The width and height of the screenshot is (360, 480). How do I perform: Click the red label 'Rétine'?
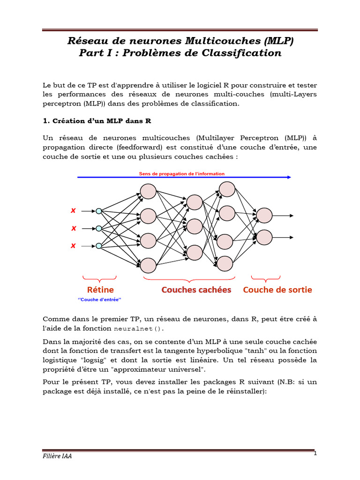click(x=100, y=290)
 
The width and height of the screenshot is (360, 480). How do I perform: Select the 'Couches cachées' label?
click(x=196, y=290)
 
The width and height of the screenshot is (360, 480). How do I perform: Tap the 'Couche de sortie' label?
click(x=277, y=290)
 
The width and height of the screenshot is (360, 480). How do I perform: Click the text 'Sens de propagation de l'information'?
click(x=181, y=174)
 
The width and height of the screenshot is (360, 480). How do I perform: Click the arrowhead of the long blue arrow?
click(x=289, y=177)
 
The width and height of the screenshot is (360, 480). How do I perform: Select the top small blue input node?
click(x=99, y=211)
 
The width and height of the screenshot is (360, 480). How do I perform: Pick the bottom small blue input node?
click(x=99, y=246)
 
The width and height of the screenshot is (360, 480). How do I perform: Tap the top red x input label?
click(x=73, y=211)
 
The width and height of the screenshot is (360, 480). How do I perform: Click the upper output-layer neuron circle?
click(x=264, y=215)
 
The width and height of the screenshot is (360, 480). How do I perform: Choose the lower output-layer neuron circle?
click(x=264, y=237)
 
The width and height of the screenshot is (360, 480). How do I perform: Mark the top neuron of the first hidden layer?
click(x=148, y=191)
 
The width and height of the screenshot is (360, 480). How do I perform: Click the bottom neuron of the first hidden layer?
click(x=148, y=265)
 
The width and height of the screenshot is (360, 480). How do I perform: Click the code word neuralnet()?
click(x=139, y=329)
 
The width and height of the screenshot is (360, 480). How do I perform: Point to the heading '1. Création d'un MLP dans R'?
click(x=97, y=120)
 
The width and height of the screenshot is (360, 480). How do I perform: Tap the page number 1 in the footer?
click(x=315, y=453)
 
